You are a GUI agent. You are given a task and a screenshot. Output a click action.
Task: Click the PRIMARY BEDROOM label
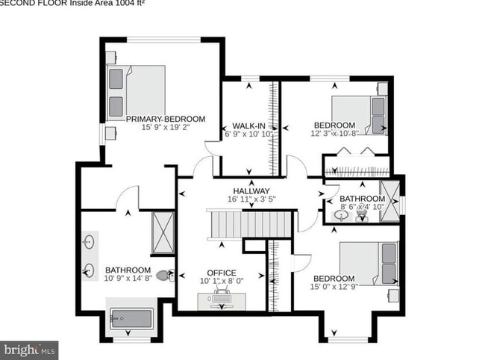click(x=165, y=119)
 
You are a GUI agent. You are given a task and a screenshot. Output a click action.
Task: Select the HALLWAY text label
click(x=251, y=190)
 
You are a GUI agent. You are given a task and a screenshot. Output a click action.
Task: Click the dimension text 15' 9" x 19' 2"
click(x=165, y=128)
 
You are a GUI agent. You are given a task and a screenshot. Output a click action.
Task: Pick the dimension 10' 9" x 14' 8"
click(x=128, y=279)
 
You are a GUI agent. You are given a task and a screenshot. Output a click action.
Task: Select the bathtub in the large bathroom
click(x=131, y=320)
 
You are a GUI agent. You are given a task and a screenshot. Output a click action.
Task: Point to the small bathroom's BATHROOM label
click(x=361, y=199)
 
